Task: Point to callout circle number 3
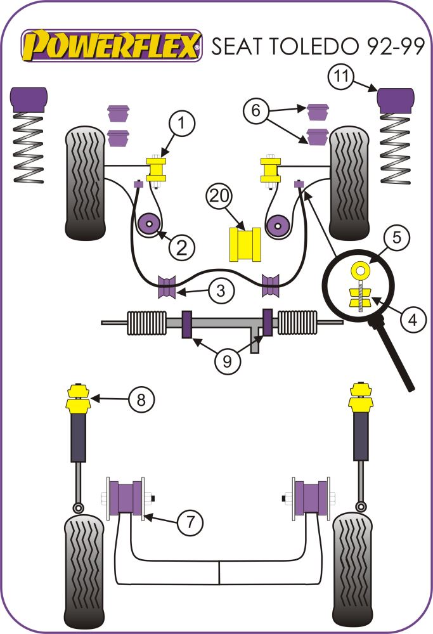(219, 291)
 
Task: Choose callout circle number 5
(396, 238)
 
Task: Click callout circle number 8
(141, 399)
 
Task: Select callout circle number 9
(227, 361)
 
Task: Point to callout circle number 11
(341, 78)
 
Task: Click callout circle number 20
(220, 198)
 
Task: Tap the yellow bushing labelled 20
(245, 244)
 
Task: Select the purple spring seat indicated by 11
(396, 99)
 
